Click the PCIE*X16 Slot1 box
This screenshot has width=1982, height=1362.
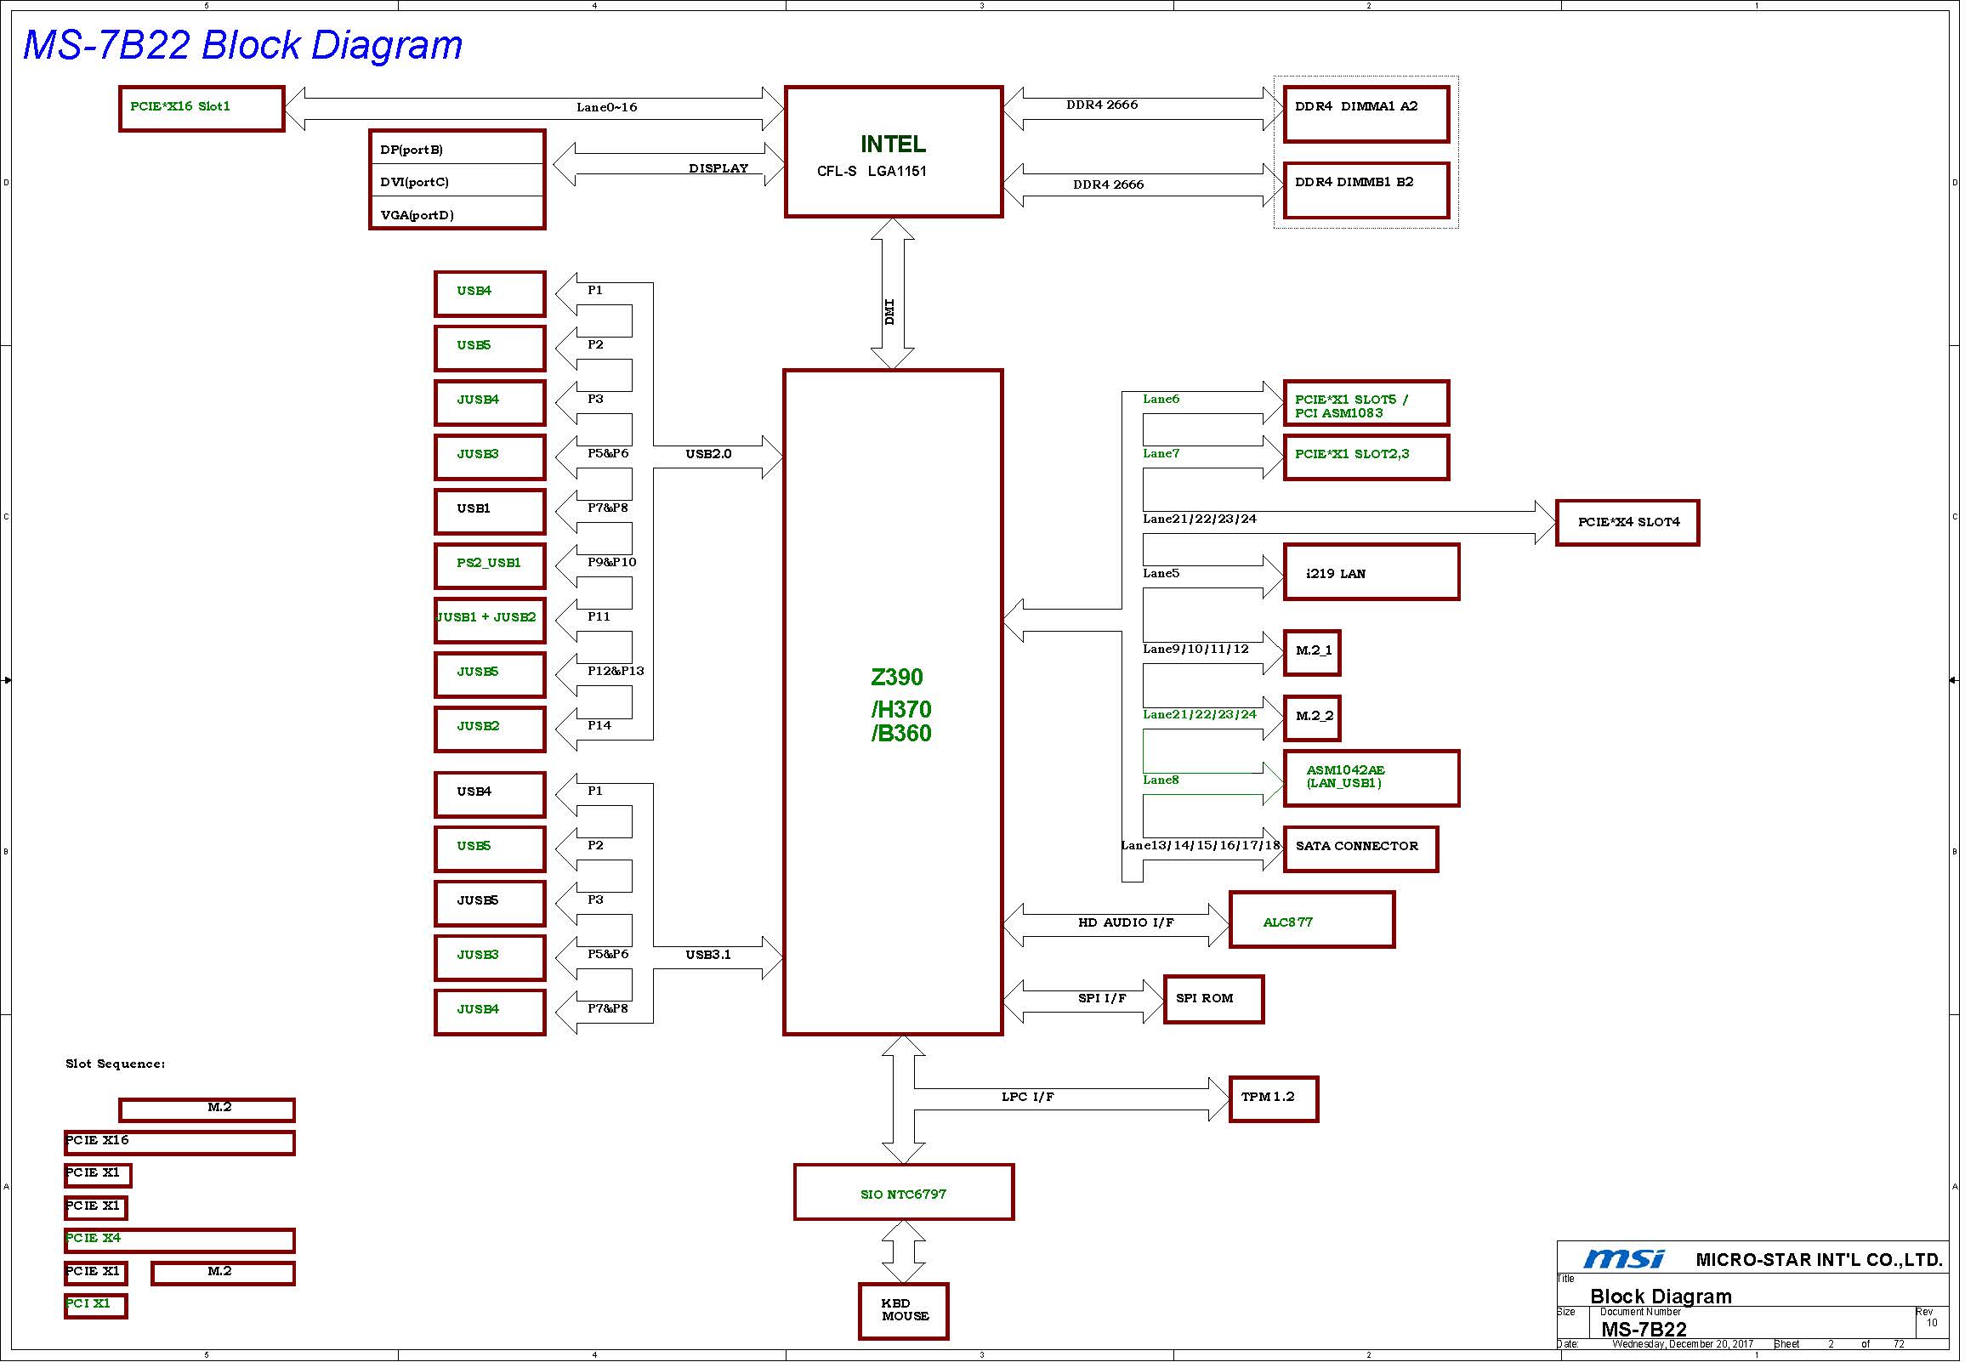(202, 108)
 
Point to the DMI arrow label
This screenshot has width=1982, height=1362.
(889, 311)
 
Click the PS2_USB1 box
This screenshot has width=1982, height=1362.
(489, 565)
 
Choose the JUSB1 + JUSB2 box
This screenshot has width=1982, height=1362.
(489, 621)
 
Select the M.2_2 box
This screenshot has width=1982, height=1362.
(1312, 718)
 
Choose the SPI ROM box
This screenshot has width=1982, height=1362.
(1213, 998)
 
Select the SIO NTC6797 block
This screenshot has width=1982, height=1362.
(903, 1192)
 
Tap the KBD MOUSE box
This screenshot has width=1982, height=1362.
(903, 1311)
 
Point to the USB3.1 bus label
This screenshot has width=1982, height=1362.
(708, 954)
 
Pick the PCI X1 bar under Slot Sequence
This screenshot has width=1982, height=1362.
(95, 1306)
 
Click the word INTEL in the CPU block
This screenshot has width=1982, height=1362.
(893, 144)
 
